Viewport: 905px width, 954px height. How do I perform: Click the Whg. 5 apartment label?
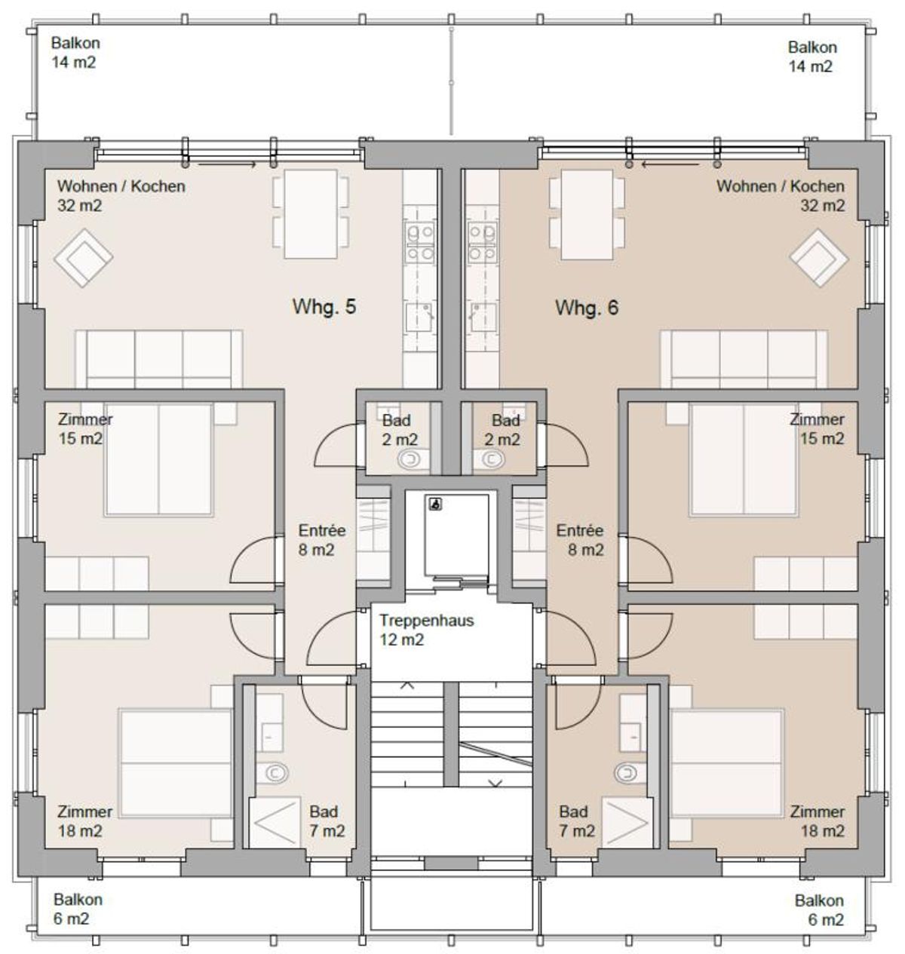pyautogui.click(x=324, y=307)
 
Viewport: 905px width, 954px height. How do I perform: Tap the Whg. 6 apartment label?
pyautogui.click(x=587, y=308)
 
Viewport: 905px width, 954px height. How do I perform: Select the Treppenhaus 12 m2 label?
pyautogui.click(x=427, y=630)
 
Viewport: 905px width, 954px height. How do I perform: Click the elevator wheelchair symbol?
pyautogui.click(x=435, y=505)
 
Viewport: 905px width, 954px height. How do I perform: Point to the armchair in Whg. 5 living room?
pyautogui.click(x=84, y=258)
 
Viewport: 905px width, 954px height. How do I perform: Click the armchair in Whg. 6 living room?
pyautogui.click(x=819, y=258)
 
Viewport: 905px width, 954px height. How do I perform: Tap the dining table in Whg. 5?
pyautogui.click(x=311, y=214)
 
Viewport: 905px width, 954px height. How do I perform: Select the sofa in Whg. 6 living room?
pyautogui.click(x=744, y=359)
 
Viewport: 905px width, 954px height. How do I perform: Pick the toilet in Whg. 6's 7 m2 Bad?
pyautogui.click(x=629, y=771)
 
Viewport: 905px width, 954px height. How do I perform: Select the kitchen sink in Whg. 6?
pyautogui.click(x=483, y=317)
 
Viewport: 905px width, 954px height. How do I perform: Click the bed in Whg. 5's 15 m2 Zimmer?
pyautogui.click(x=158, y=459)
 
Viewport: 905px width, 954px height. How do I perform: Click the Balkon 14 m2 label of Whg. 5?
pyautogui.click(x=75, y=52)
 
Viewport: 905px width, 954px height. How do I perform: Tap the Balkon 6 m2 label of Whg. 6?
pyautogui.click(x=819, y=910)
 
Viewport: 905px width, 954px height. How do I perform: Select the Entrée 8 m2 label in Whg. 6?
pyautogui.click(x=580, y=540)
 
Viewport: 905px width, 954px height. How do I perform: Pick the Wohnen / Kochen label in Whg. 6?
pyautogui.click(x=781, y=186)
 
